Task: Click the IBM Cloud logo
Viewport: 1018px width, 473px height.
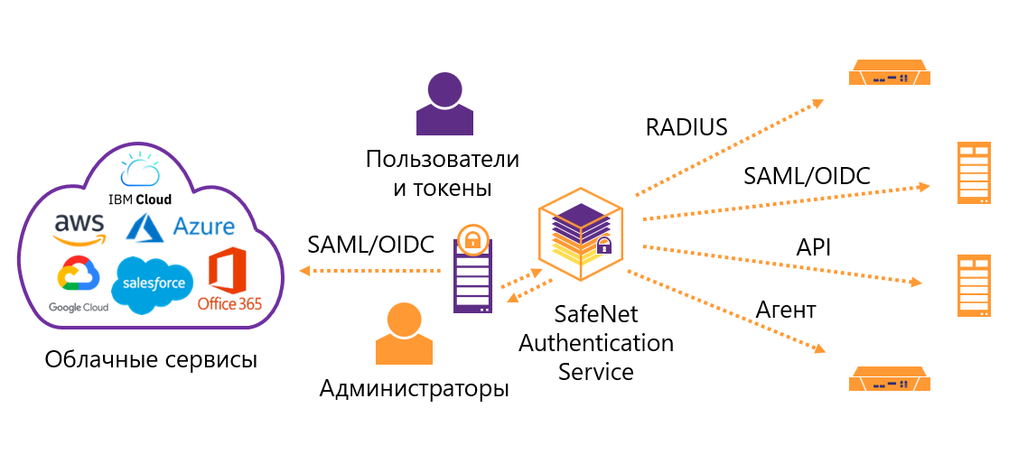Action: click(140, 179)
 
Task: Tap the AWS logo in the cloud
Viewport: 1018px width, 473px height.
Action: click(79, 227)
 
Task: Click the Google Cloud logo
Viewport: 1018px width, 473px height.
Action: click(78, 284)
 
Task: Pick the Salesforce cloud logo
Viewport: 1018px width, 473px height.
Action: click(153, 283)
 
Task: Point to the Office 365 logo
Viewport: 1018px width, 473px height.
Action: click(229, 280)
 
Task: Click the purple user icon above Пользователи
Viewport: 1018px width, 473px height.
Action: click(444, 105)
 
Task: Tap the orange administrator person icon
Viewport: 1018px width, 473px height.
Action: click(403, 333)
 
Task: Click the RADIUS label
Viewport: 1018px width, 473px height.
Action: click(686, 127)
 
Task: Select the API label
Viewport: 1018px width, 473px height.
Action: click(814, 246)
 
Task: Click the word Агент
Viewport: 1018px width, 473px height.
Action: click(785, 310)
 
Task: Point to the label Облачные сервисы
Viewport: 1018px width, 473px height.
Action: click(151, 359)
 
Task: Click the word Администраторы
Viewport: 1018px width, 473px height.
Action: click(414, 389)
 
